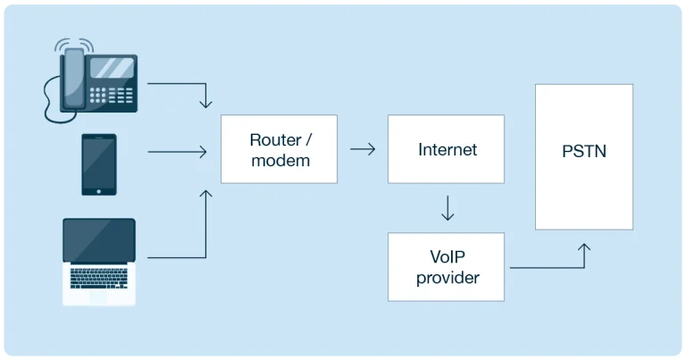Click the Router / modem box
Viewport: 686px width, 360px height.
pyautogui.click(x=279, y=149)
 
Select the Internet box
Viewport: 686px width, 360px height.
pyautogui.click(x=446, y=149)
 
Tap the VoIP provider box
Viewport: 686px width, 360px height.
pyautogui.click(x=446, y=267)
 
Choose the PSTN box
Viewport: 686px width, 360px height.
pyautogui.click(x=584, y=156)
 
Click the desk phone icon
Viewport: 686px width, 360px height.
pyautogui.click(x=91, y=81)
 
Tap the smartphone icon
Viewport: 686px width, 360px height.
pyautogui.click(x=99, y=164)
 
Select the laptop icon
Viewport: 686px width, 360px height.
pyautogui.click(x=99, y=262)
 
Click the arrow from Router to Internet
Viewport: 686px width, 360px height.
pyautogui.click(x=363, y=149)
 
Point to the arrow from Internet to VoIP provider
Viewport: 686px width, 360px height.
pyautogui.click(x=448, y=208)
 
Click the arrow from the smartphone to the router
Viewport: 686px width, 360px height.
pyautogui.click(x=177, y=152)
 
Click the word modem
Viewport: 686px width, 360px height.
pyautogui.click(x=280, y=161)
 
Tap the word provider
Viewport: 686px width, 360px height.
pyautogui.click(x=448, y=278)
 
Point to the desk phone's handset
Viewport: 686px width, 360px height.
pyautogui.click(x=74, y=78)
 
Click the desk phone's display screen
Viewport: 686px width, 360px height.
pyautogui.click(x=112, y=68)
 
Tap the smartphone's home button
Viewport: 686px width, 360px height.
pyautogui.click(x=99, y=191)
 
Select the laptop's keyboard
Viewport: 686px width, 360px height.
pyautogui.click(x=99, y=278)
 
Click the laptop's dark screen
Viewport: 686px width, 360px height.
pyautogui.click(x=99, y=240)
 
